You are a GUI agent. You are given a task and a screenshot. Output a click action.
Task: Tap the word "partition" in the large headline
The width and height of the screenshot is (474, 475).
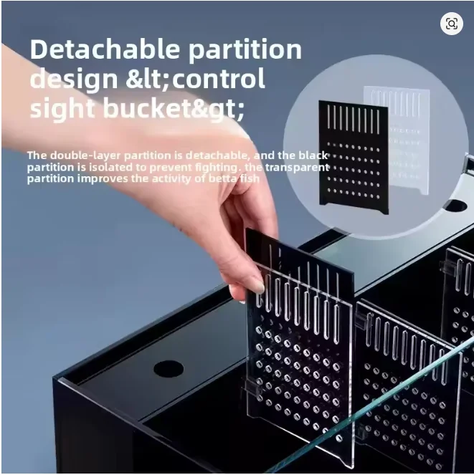(x=245, y=50)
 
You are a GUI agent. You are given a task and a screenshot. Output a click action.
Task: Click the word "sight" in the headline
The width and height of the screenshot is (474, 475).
(x=62, y=110)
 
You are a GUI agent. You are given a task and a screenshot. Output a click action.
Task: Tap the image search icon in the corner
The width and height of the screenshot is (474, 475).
(x=452, y=24)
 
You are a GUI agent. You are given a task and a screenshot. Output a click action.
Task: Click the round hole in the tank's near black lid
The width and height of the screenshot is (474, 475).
(x=169, y=369)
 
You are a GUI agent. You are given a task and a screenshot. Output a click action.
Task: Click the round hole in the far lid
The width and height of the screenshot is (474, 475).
(x=455, y=206)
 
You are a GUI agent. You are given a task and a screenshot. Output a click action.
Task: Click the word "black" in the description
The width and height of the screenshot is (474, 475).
(x=313, y=155)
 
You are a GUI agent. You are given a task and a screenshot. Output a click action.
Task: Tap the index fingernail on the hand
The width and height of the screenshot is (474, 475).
(x=258, y=287)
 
